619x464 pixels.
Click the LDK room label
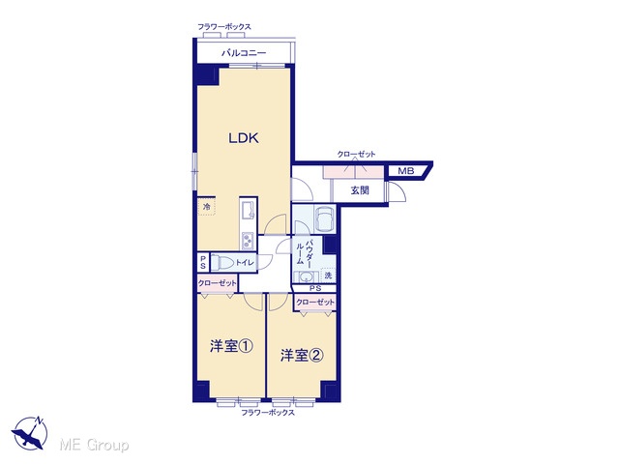coord(244,138)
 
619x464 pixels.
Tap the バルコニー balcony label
coord(244,53)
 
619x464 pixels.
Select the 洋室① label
coord(231,346)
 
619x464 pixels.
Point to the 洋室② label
coord(302,356)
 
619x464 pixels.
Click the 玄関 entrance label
coord(360,190)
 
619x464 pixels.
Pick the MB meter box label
coord(406,171)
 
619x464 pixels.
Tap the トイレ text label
coord(245,262)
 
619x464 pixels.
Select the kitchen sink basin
coord(248,211)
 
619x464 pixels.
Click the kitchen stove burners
coord(248,241)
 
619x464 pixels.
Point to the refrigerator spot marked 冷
coord(206,206)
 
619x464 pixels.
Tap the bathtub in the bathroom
coord(325,218)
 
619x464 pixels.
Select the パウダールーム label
coord(305,251)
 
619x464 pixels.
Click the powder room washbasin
coord(307,277)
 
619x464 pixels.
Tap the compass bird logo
coord(30,433)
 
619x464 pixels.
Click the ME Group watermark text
coord(94,445)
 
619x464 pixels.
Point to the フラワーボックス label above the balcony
coord(223,27)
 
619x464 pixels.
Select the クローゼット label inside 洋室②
coord(315,303)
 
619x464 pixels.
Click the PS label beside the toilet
coord(203,262)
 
